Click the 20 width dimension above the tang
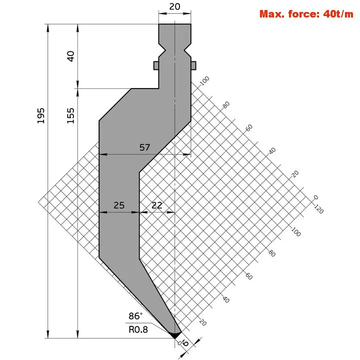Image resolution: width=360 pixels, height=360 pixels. click(x=174, y=6)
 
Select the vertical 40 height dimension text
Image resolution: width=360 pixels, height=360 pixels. click(x=70, y=56)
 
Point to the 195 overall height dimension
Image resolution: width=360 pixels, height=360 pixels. click(x=41, y=115)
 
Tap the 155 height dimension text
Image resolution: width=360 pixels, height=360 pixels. click(x=70, y=115)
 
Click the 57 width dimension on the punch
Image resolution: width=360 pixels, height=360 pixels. click(x=144, y=147)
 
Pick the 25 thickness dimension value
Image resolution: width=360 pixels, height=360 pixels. click(x=119, y=205)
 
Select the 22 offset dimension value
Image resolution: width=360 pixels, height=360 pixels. click(x=157, y=205)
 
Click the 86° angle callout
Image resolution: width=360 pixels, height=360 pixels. click(x=135, y=316)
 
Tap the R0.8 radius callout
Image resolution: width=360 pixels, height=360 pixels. click(x=138, y=329)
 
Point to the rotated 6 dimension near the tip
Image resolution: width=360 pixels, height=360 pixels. click(x=185, y=343)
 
